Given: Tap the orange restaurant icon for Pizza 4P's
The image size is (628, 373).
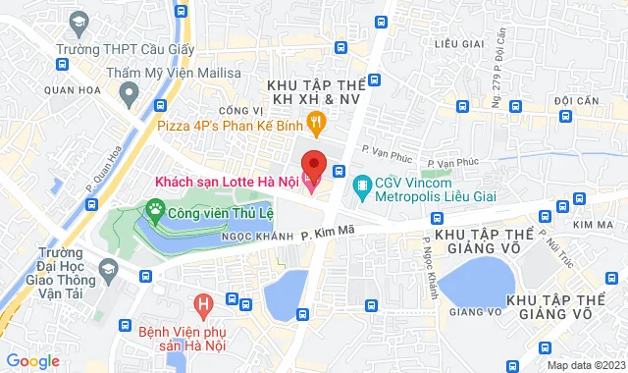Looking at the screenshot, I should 315,123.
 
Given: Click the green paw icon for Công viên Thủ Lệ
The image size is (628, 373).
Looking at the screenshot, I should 154,209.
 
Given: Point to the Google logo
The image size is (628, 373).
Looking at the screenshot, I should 32,360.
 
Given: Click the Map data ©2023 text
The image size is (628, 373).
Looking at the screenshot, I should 585,365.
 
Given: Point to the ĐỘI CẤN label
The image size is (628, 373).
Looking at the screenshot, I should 577,100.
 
